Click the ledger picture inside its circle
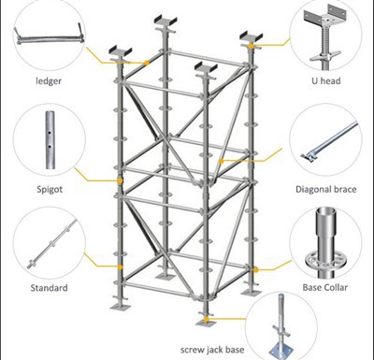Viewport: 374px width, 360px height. [x=46, y=39]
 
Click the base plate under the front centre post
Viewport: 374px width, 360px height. [x=203, y=315]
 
